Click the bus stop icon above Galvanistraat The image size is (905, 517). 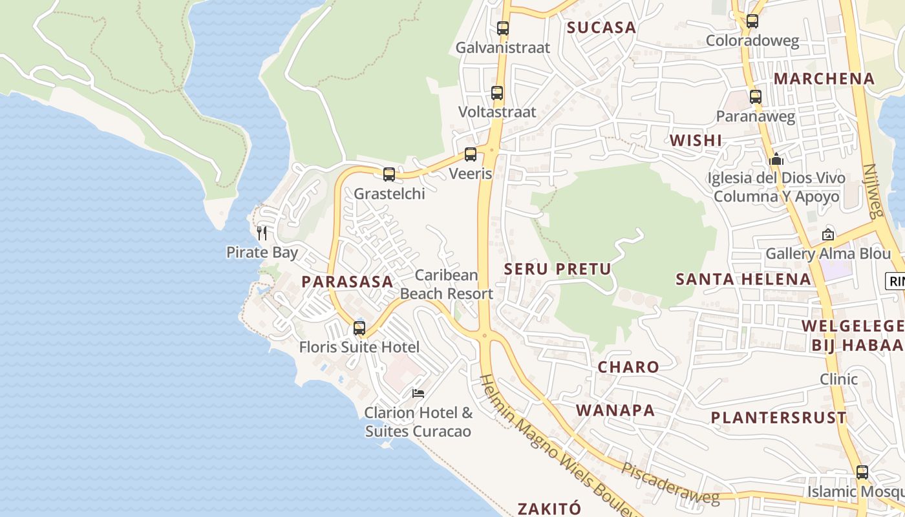pos(503,28)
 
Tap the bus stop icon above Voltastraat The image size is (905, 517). pos(497,93)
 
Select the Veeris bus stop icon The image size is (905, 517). pos(471,154)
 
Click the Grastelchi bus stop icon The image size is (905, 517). pos(389,174)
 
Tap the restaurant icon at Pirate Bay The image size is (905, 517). pos(262,233)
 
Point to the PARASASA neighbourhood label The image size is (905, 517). pos(347,282)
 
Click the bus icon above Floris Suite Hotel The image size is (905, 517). pos(359,328)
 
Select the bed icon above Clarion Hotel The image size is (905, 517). pos(418,393)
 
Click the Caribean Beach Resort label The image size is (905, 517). pos(447,284)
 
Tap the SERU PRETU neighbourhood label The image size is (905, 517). pos(557,269)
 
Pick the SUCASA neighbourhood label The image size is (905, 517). pos(602,27)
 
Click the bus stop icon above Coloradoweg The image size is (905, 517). pos(752,21)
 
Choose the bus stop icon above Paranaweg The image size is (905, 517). pos(756,98)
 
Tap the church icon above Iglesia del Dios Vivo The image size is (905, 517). pos(776,159)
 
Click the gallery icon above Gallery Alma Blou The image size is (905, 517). pos(828,235)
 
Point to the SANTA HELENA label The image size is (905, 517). pos(743,279)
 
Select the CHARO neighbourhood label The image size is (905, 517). pos(628,367)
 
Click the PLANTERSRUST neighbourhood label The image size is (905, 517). pos(778,417)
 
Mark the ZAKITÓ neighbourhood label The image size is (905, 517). pos(549,508)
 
